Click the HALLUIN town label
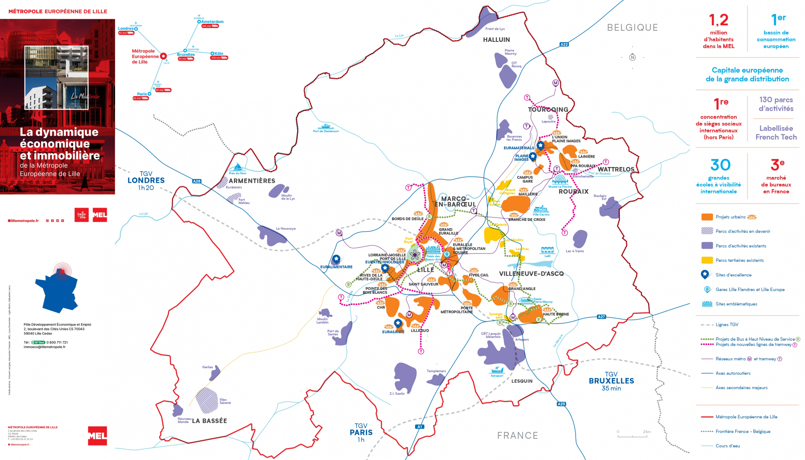(x=496, y=39)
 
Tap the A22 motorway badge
(x=564, y=44)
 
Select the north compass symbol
(x=632, y=57)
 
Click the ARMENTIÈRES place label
(x=252, y=181)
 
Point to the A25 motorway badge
(x=196, y=181)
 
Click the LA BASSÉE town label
(x=209, y=421)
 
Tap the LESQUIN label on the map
(x=522, y=381)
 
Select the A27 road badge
(x=601, y=317)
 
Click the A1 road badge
(x=420, y=427)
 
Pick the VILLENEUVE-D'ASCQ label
(x=531, y=274)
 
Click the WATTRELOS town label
(x=616, y=169)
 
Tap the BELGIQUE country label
(x=632, y=27)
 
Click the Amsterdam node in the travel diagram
(x=199, y=22)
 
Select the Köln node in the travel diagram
(x=212, y=53)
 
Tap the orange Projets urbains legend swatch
(x=707, y=217)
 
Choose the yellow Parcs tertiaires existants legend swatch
(x=707, y=260)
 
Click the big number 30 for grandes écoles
(x=720, y=165)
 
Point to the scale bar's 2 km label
(x=646, y=431)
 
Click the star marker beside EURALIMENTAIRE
(x=336, y=259)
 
